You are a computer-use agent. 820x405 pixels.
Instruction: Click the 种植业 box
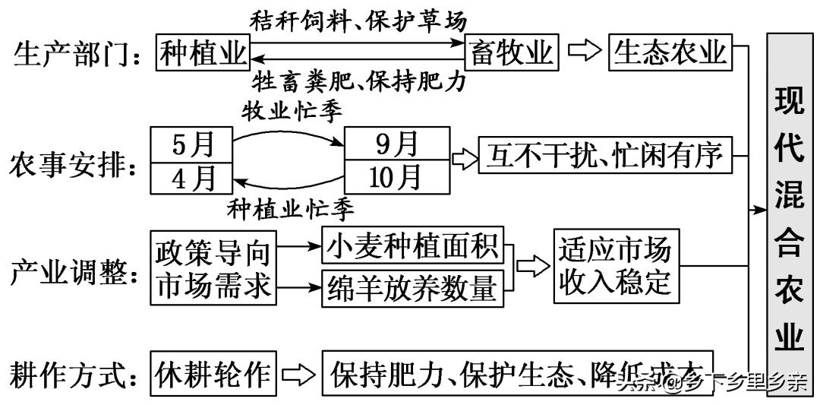coord(203,52)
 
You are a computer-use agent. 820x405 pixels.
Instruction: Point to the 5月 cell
coord(191,144)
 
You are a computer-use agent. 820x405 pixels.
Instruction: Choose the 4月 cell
coord(191,178)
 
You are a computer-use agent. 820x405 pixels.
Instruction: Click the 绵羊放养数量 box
coord(413,287)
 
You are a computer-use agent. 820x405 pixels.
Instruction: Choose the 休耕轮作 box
coord(212,374)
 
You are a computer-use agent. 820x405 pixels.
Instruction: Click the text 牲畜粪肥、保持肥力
coord(358,81)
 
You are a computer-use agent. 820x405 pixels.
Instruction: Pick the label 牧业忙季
coord(292,110)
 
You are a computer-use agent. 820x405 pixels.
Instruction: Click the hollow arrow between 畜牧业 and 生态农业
coord(584,52)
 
